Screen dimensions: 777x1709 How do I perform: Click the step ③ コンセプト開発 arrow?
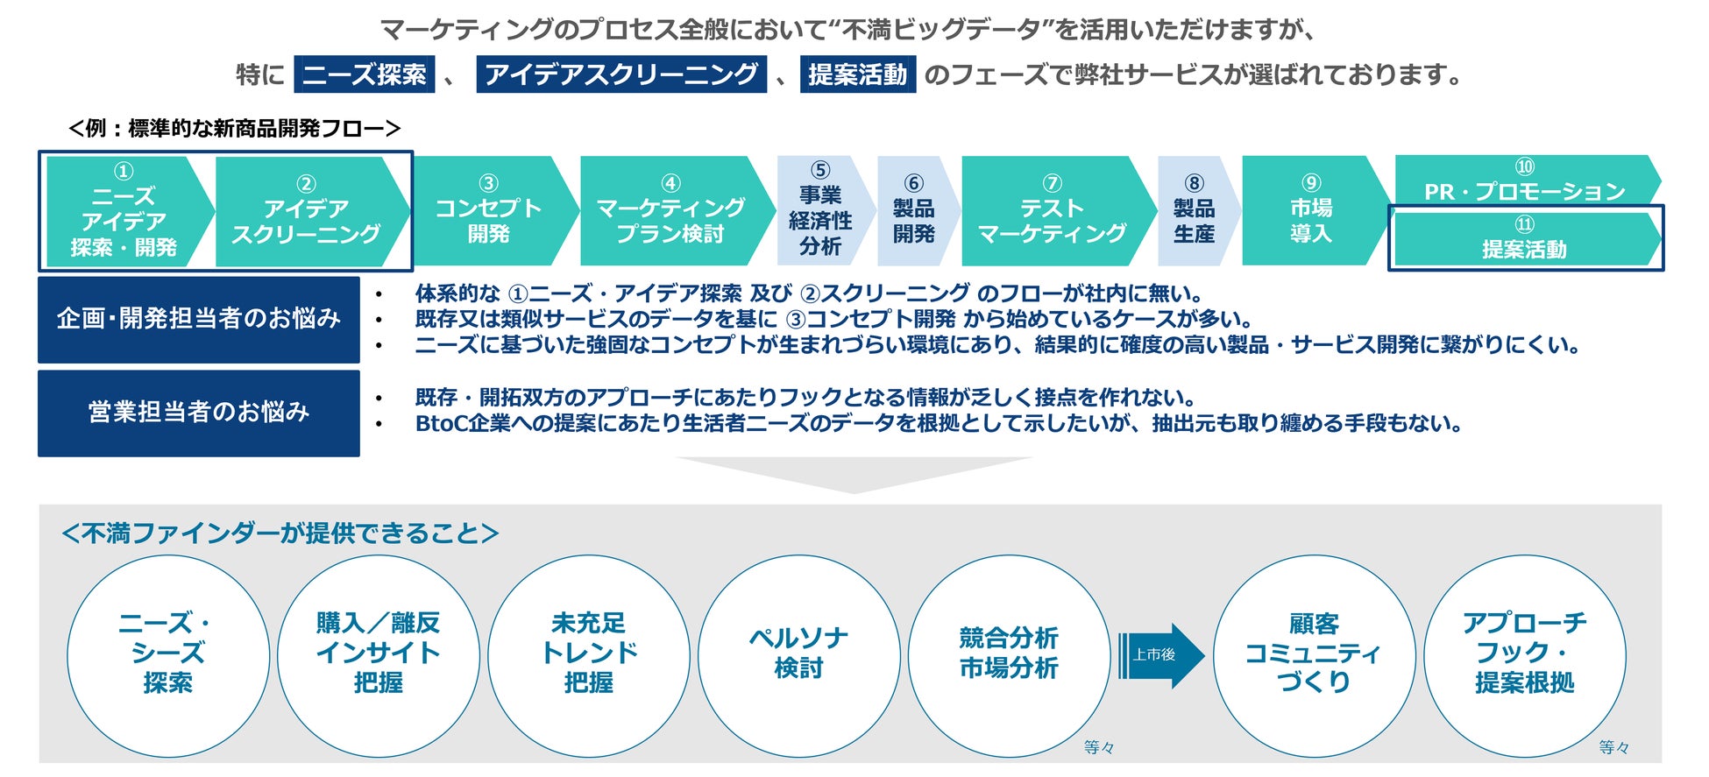pos(489,211)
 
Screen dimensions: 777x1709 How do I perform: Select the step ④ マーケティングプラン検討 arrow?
pos(670,211)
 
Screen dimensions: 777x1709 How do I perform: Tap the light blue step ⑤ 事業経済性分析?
pos(820,211)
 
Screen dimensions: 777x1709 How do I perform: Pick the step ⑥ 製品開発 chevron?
pos(914,211)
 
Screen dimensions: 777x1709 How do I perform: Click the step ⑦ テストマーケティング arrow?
pos(1052,211)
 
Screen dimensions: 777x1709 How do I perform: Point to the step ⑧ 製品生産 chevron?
pos(1194,211)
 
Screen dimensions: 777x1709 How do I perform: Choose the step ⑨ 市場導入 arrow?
pos(1311,211)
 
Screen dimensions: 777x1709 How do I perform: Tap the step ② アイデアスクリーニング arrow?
pos(306,211)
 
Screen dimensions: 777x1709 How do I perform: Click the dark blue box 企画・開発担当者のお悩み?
pos(199,320)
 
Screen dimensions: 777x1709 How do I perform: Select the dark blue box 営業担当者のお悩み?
pos(199,413)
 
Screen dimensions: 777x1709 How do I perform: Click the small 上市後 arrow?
pos(1159,655)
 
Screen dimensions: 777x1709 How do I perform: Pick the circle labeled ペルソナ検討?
pos(798,655)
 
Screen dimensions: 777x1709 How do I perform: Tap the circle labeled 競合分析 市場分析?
pos(1009,655)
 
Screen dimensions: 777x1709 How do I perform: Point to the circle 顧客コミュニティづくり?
pos(1313,655)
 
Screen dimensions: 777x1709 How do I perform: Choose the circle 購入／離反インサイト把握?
pos(378,655)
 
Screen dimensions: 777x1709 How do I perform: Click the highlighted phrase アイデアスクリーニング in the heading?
pos(620,74)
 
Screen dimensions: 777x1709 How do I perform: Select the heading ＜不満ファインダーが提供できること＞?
pos(280,533)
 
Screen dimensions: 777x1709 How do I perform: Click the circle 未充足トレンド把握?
pos(588,655)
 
